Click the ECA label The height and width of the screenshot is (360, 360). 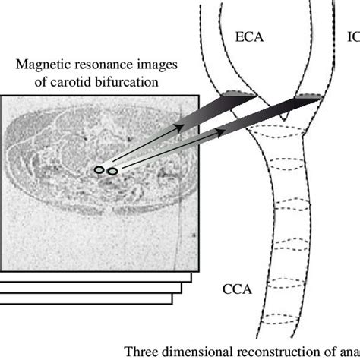(249, 37)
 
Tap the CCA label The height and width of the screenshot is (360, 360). (237, 289)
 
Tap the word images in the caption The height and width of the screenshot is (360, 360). (157, 65)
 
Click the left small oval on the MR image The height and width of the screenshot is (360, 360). (99, 170)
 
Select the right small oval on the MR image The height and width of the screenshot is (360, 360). (112, 172)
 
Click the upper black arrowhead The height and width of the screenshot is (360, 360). (179, 128)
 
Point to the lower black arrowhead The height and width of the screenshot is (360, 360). (221, 132)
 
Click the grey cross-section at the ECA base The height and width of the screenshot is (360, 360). (239, 93)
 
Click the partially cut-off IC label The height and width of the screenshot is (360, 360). (354, 37)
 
